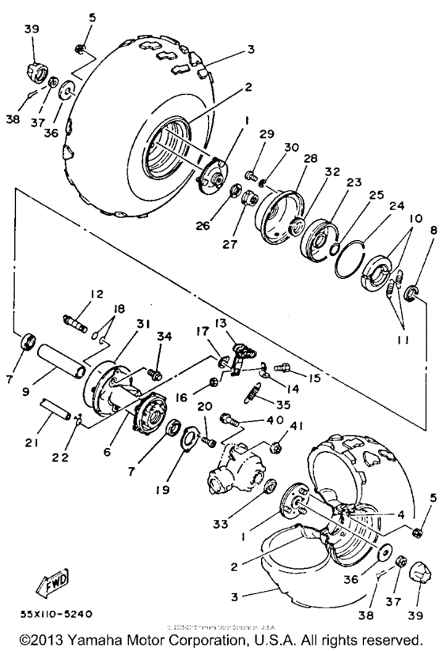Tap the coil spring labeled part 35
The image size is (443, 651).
(252, 389)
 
